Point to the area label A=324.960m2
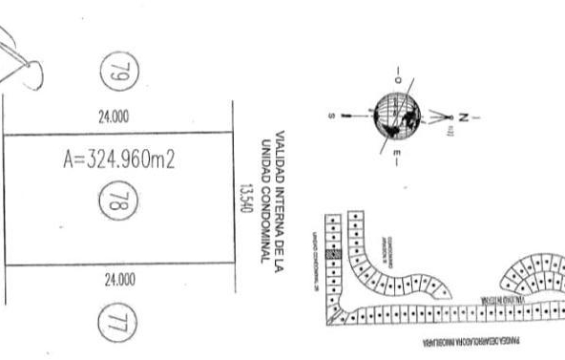coord(118,160)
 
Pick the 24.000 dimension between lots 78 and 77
coord(118,280)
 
